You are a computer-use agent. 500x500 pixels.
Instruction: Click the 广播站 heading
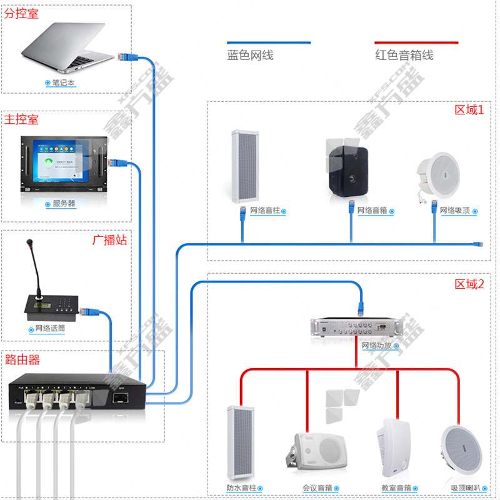[110, 240]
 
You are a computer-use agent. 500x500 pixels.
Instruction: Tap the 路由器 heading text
[22, 359]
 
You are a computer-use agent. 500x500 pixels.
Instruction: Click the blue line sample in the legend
[269, 42]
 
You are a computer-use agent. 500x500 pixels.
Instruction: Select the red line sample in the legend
[416, 42]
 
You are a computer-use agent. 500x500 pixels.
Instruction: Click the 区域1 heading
[469, 110]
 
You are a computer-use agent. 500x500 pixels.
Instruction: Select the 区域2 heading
[469, 284]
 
